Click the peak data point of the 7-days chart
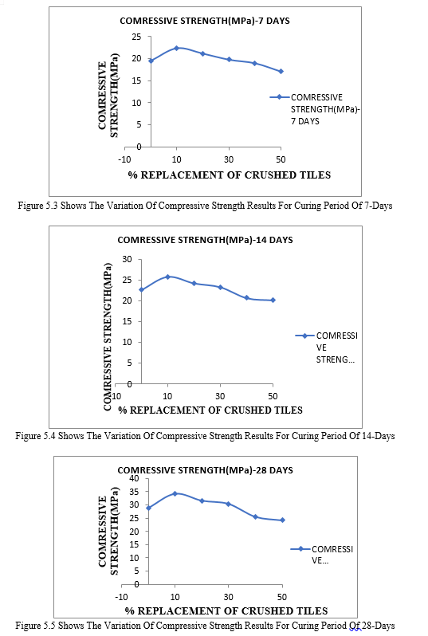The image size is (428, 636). pos(176,48)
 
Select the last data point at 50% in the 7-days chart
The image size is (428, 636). pos(281,72)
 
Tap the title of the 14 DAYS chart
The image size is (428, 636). pos(205,240)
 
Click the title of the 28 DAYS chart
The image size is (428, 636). pos(205,470)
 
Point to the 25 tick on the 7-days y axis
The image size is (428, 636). pos(136,37)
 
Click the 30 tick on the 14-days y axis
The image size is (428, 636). pos(127,259)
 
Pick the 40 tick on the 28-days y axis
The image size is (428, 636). pos(134,479)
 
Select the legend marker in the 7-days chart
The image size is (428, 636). pos(280,97)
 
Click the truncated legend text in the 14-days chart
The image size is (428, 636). pos(336,347)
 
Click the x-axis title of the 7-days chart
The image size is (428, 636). pos(230,175)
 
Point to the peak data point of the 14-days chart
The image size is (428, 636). pos(167,277)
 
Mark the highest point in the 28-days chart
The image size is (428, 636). pos(175,493)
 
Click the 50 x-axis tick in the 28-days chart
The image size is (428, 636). pos(282,597)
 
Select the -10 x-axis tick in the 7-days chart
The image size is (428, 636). pos(124,160)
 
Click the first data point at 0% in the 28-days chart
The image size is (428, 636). pos(148,508)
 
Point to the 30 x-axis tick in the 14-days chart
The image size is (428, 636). pos(220,396)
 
